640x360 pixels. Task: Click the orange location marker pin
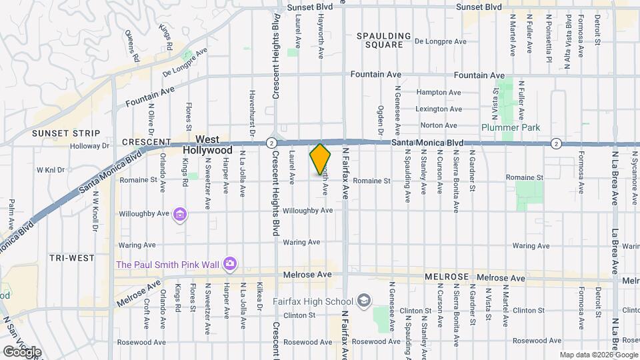(320, 159)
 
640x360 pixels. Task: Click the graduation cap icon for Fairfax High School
(363, 301)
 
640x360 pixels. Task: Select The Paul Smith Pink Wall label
(167, 265)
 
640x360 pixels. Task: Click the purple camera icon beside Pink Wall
(230, 264)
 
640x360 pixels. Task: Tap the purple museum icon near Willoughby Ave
(179, 215)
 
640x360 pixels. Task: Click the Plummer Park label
(511, 127)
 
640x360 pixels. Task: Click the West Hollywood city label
(207, 145)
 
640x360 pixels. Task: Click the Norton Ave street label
(438, 125)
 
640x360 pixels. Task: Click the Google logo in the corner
(22, 352)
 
